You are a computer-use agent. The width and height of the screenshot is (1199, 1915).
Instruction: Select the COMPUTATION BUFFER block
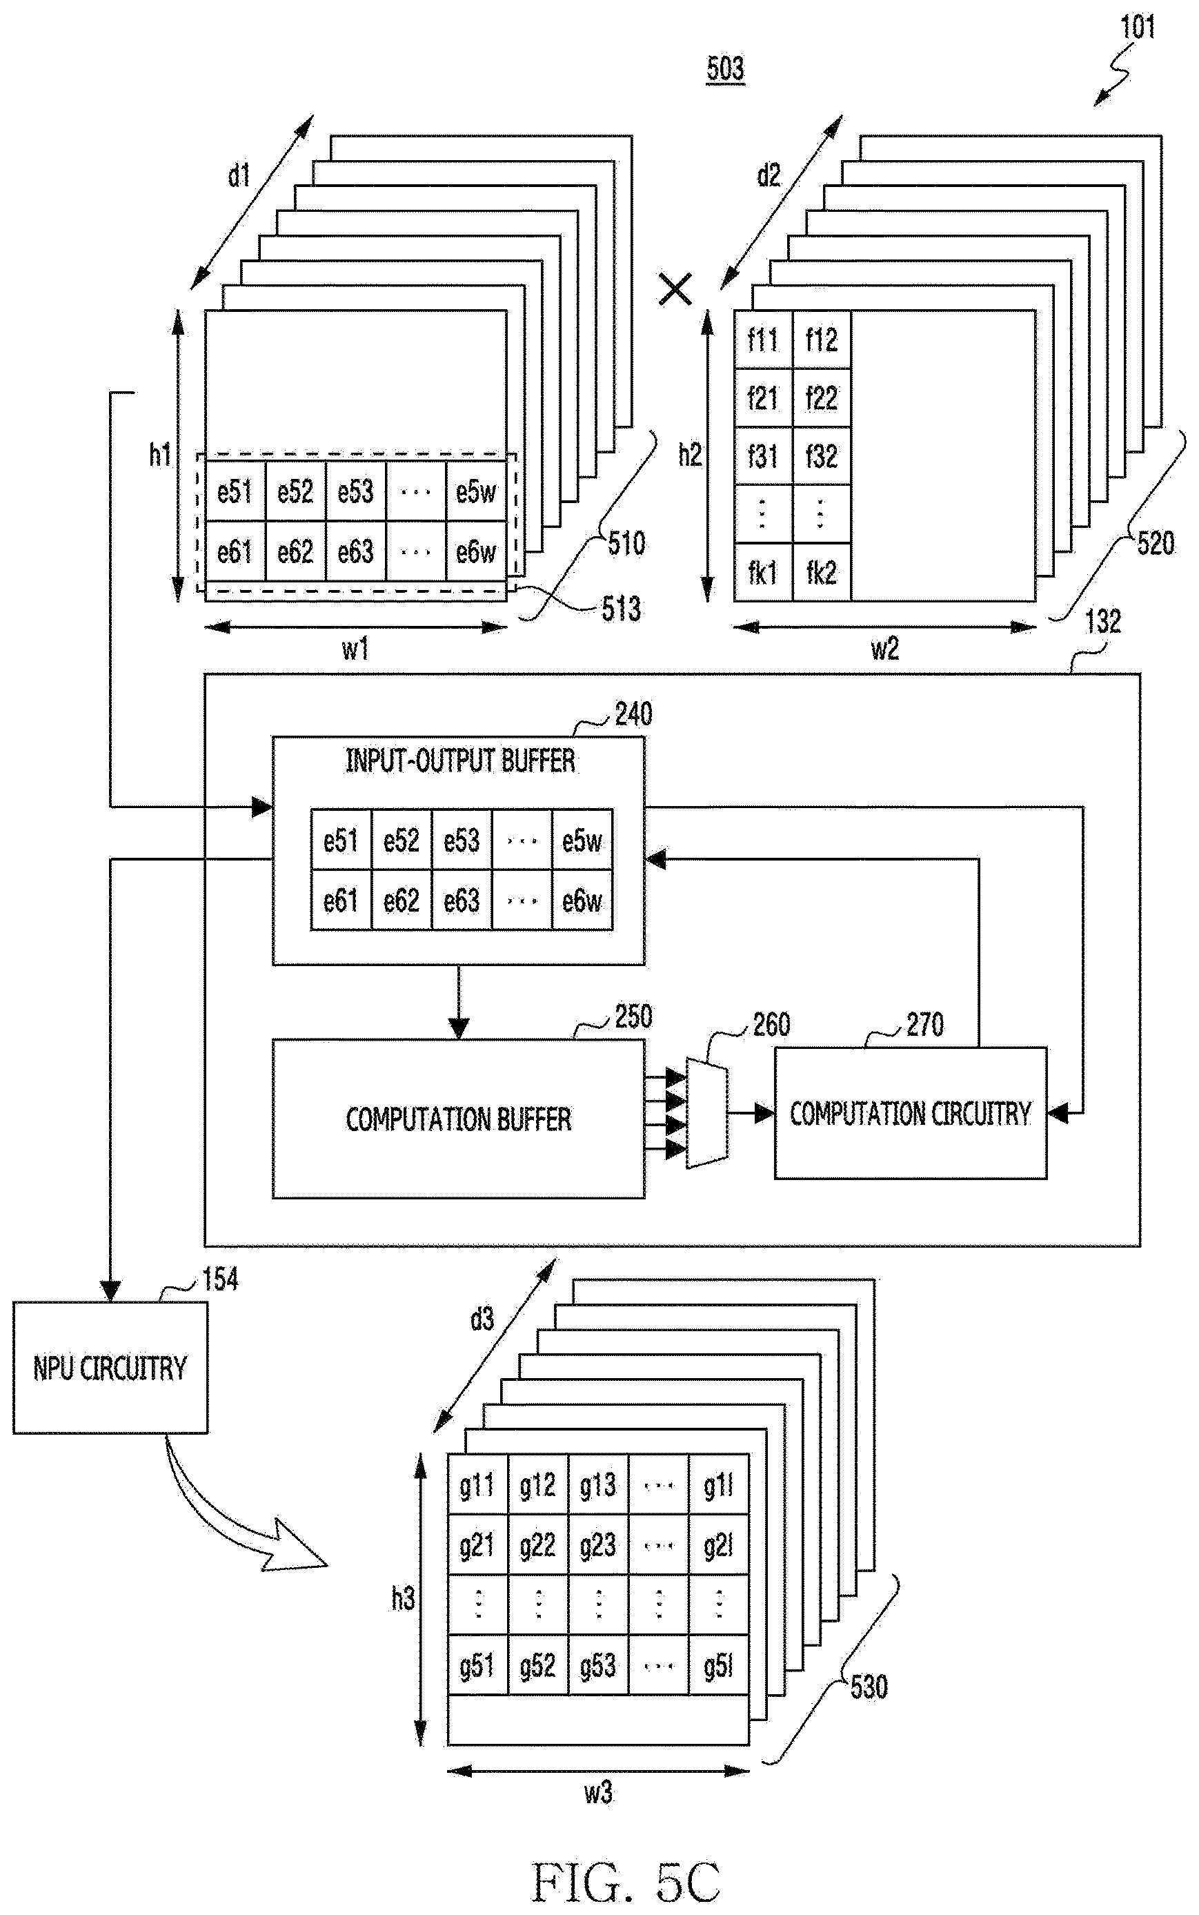458,1118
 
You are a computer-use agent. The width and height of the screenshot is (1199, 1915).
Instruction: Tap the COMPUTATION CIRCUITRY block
911,1112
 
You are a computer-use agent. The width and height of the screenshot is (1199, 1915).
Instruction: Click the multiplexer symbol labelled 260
706,1112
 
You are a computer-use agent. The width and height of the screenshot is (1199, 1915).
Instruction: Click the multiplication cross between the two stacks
675,290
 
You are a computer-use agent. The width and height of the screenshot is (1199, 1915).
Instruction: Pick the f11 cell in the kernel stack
763,340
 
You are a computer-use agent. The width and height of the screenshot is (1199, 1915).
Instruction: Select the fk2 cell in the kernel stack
822,572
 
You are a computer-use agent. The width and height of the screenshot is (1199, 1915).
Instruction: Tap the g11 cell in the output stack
477,1484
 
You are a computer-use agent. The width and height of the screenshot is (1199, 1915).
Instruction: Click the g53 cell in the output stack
598,1665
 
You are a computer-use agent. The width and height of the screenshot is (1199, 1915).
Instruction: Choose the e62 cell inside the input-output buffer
402,900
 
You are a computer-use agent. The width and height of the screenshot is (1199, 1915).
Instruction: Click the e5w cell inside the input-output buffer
582,840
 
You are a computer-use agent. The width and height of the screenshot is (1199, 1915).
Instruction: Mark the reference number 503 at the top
726,69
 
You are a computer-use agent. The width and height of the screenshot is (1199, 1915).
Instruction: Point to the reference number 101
1137,28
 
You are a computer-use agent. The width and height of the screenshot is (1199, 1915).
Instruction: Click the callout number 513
621,609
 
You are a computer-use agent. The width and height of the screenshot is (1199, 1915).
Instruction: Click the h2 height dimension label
690,455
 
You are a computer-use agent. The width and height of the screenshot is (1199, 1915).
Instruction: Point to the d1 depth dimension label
239,175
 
